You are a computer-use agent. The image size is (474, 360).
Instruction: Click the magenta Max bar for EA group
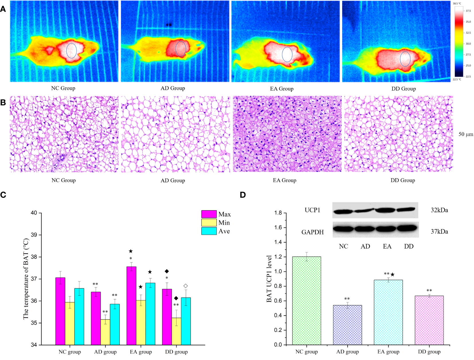click(131, 305)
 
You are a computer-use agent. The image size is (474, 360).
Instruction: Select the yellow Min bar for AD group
click(105, 332)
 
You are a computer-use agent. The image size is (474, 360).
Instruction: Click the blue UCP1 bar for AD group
click(347, 325)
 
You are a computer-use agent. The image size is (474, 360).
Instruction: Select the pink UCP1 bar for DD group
click(429, 320)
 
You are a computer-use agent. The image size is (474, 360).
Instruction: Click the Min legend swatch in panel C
click(209, 223)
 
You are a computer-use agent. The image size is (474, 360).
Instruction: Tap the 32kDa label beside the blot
click(439, 210)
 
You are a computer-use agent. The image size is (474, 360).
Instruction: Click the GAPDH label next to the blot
click(312, 232)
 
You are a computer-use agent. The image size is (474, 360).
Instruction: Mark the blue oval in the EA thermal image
click(287, 55)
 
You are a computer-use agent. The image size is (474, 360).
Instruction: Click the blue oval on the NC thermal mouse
click(71, 51)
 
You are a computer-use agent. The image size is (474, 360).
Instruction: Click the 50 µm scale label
click(466, 134)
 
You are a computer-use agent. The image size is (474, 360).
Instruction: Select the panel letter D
click(242, 195)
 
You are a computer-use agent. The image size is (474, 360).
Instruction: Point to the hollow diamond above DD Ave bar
click(186, 286)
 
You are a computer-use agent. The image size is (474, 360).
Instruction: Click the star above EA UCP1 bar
click(393, 275)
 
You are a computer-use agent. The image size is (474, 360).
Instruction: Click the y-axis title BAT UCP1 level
click(269, 279)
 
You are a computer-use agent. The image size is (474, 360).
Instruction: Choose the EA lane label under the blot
click(387, 246)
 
